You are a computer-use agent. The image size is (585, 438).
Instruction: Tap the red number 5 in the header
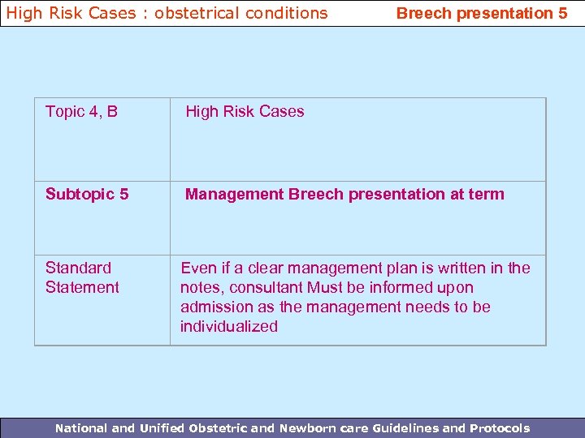coord(562,13)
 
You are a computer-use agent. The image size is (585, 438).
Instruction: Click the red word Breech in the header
coord(421,13)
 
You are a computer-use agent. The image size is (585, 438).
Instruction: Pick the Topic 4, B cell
coord(81,112)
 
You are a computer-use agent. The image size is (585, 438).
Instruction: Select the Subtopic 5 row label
coord(87,194)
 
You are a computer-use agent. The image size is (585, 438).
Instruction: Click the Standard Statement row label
coord(82,277)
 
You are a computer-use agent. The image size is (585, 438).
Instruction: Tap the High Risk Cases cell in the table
coord(245,112)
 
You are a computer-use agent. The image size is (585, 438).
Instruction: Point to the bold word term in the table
coord(486,194)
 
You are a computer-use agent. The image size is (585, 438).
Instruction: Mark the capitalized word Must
coord(325,287)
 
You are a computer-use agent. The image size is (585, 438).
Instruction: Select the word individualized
coord(229,326)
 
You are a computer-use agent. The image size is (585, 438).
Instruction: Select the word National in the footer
coord(81,428)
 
